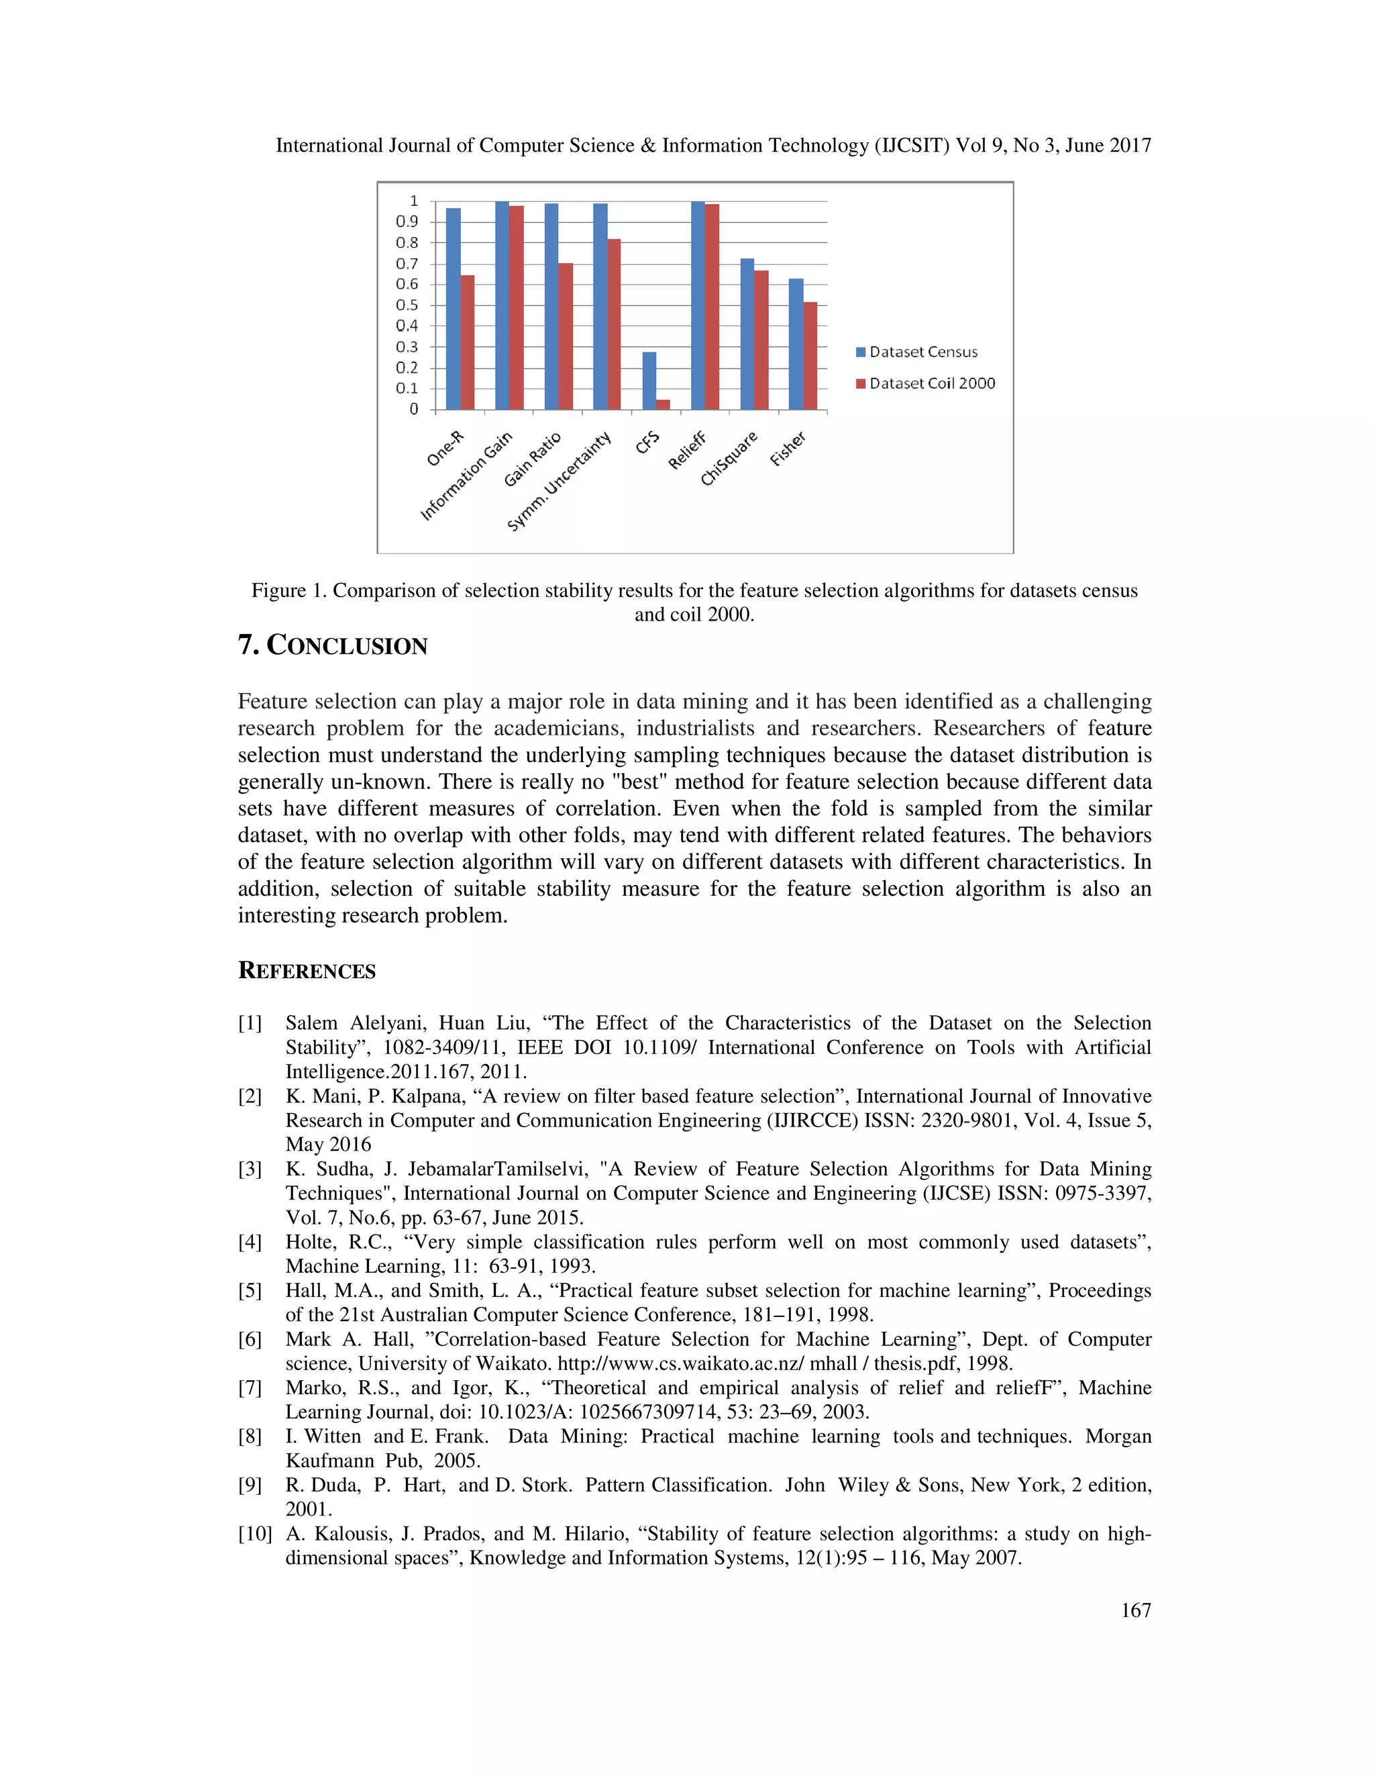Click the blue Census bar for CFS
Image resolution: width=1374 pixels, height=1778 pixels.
(x=649, y=380)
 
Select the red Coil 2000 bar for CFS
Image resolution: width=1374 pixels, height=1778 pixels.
(x=664, y=405)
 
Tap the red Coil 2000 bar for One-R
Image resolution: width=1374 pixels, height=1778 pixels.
(x=467, y=342)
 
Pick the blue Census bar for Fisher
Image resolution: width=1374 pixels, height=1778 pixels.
(x=795, y=344)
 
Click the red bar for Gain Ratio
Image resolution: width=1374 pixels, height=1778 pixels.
(x=566, y=335)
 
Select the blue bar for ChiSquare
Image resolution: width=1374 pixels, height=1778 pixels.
(x=747, y=333)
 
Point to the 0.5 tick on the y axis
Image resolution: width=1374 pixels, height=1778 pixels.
(x=407, y=305)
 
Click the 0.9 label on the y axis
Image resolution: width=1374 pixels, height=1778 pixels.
(x=407, y=221)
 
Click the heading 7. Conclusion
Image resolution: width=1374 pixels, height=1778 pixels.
(x=332, y=645)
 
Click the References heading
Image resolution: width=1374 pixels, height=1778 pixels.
(x=306, y=972)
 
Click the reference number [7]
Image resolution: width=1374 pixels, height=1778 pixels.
(x=250, y=1388)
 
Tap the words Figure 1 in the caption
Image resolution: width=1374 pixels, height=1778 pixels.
(x=288, y=590)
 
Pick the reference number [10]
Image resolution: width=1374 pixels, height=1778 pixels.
(x=254, y=1534)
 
